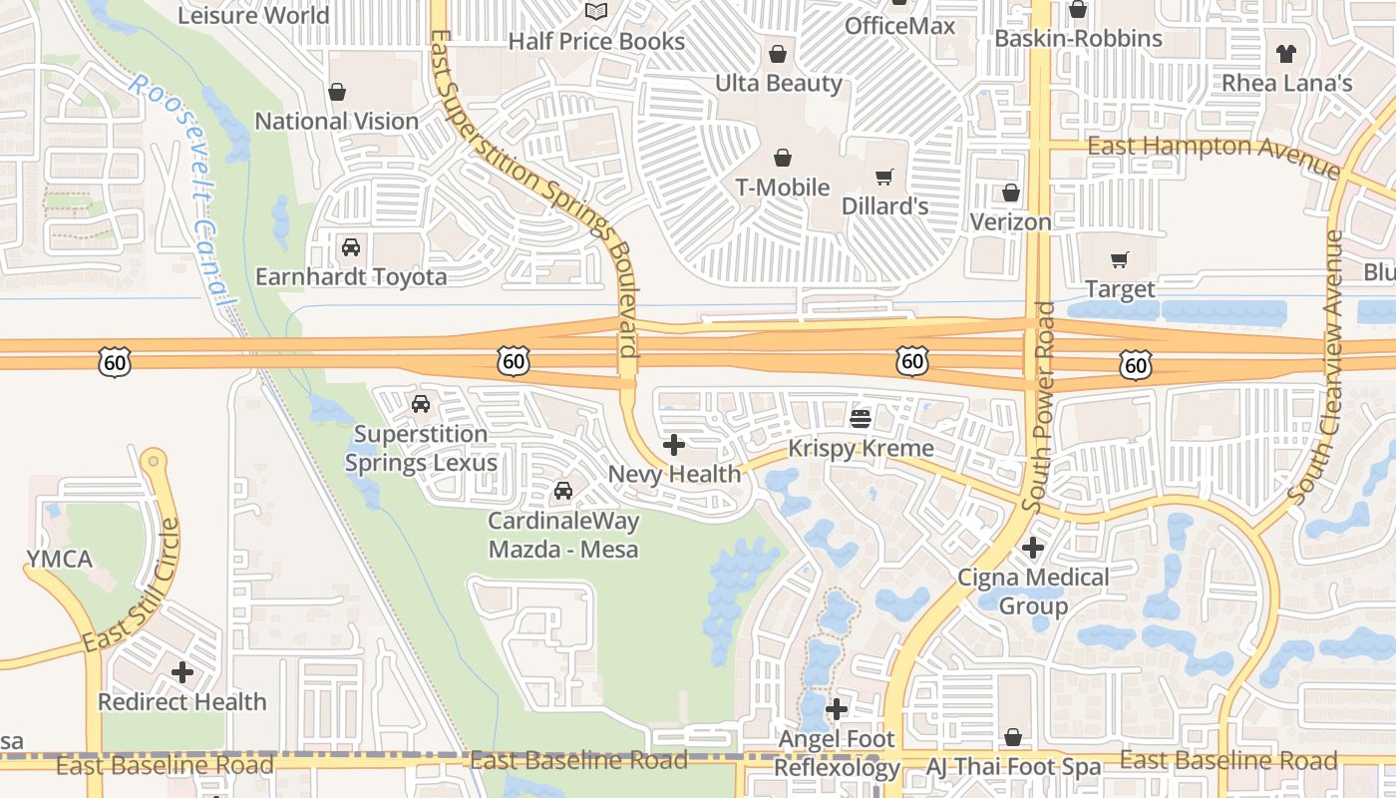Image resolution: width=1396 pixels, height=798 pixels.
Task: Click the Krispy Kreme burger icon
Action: point(861,417)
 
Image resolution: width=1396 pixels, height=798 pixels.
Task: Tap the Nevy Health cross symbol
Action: point(674,445)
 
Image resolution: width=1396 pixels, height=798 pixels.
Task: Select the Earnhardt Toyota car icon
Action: point(351,247)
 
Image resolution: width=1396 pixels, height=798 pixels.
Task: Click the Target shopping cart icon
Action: point(1120,260)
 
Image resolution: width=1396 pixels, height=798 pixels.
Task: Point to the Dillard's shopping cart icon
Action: point(883,178)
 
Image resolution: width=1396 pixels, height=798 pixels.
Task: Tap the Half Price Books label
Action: point(596,41)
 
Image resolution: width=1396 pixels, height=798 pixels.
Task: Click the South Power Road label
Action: point(1043,407)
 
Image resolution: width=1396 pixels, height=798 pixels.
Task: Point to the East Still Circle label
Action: point(132,589)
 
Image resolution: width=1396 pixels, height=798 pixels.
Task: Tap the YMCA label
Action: point(60,559)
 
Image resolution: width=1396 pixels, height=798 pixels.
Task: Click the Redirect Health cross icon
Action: point(182,672)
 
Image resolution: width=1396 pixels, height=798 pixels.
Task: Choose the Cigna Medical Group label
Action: point(1033,592)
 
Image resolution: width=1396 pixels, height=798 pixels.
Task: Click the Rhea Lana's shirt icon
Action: point(1286,54)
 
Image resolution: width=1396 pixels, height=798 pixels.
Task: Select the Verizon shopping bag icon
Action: point(1011,193)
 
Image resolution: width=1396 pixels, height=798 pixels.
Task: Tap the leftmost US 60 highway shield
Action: point(115,362)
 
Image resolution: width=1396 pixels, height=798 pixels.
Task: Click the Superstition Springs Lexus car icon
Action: point(421,404)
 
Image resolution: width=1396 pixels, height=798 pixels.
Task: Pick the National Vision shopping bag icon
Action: point(337,93)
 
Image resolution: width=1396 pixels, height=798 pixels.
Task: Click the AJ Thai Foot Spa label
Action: point(1013,767)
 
